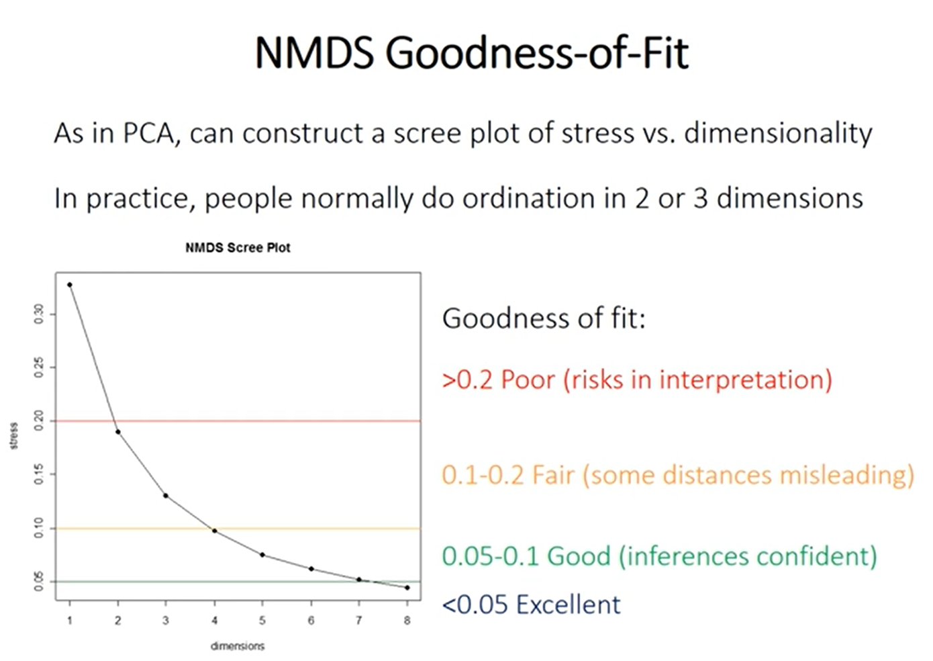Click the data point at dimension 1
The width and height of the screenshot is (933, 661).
[70, 285]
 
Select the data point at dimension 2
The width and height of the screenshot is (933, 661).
[118, 431]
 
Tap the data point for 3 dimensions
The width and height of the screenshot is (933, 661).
[166, 496]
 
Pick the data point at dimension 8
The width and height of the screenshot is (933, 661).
[407, 588]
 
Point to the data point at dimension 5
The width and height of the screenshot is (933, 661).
[262, 555]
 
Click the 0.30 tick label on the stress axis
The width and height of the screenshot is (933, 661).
[39, 313]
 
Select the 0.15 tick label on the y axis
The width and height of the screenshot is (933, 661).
[39, 474]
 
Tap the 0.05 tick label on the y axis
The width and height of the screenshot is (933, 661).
[39, 582]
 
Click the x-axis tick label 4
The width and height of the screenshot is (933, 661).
[215, 621]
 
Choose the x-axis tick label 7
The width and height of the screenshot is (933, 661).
[359, 621]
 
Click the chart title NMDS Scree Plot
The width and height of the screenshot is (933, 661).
[238, 248]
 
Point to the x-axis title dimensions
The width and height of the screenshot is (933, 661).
[238, 646]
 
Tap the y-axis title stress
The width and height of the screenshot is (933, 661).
[14, 435]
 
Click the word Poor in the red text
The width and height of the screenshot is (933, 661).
[528, 380]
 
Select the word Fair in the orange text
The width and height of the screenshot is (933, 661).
[554, 476]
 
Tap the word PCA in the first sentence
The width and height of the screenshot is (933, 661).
[149, 134]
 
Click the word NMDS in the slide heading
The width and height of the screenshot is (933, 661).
[314, 53]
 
